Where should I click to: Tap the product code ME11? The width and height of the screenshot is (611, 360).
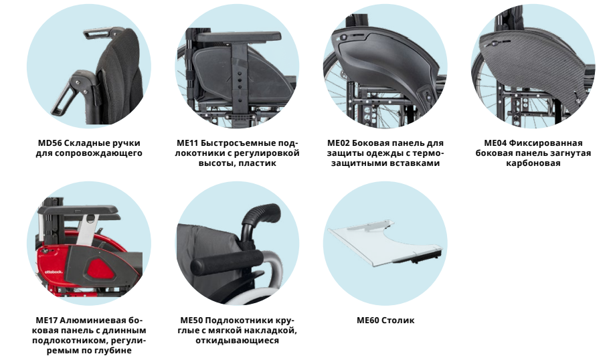coord(188,143)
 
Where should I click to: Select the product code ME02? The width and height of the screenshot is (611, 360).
coord(339,143)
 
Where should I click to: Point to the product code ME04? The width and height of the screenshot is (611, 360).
coord(495,143)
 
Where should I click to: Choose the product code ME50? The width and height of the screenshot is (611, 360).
coord(191,321)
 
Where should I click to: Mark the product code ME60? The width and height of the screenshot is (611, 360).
coord(368,321)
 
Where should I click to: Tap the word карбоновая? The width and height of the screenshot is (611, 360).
coord(533,163)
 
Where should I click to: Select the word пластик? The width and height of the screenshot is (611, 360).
coord(257,163)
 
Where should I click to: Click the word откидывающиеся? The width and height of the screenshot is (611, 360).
coord(238,341)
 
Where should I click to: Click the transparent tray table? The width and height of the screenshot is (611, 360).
coord(385,243)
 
